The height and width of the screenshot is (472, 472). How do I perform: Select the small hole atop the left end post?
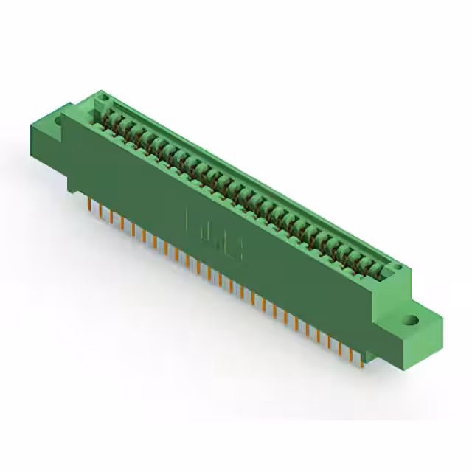click(x=104, y=97)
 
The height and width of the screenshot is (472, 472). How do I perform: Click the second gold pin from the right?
click(x=351, y=353)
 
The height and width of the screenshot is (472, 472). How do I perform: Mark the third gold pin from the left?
click(x=112, y=218)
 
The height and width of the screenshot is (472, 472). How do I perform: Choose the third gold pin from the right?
click(x=340, y=347)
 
